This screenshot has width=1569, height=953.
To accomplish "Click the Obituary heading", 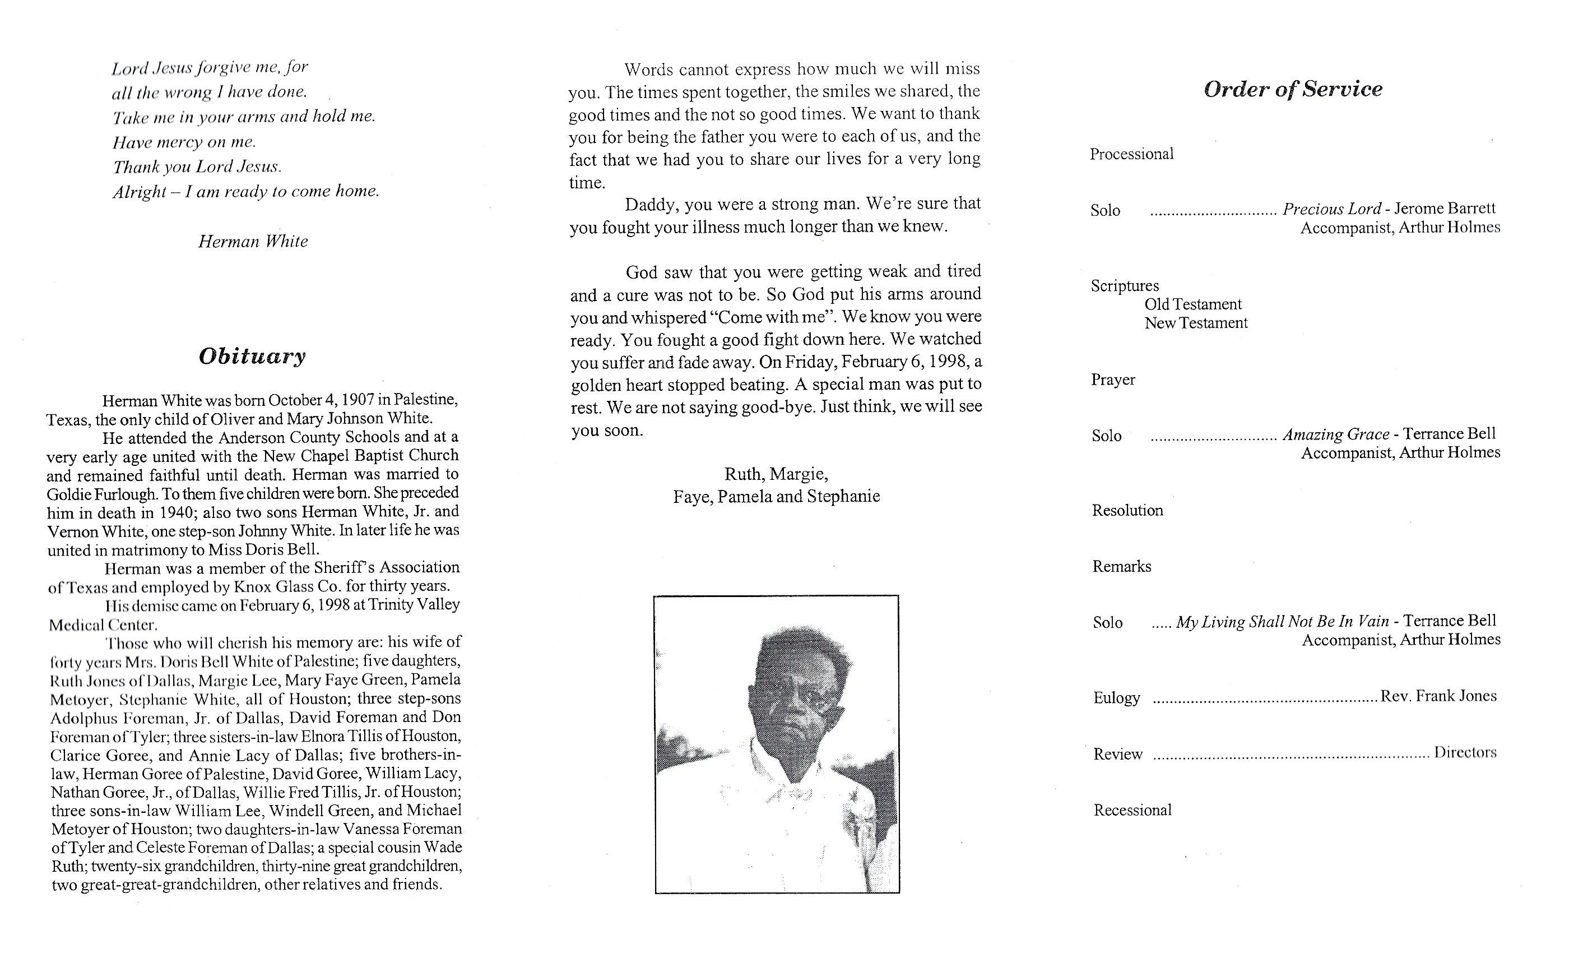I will (252, 356).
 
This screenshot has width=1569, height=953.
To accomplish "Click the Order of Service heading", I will (1293, 89).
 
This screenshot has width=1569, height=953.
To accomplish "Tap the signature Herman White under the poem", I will (253, 242).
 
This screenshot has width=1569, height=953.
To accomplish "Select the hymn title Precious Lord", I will (1331, 209).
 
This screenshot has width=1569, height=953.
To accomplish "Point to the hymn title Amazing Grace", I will (1335, 434).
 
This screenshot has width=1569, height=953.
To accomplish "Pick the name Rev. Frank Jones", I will (1438, 696).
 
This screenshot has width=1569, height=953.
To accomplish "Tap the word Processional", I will (1131, 154).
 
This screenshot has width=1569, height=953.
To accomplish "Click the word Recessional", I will (1132, 810).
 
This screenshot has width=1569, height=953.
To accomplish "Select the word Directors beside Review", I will (1465, 752).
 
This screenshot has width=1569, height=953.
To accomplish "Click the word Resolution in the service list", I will (1127, 510).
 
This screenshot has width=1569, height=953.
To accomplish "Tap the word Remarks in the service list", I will (1121, 566).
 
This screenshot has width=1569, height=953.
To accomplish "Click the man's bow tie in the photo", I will (792, 794).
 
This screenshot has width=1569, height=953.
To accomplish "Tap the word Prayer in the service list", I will (1112, 380).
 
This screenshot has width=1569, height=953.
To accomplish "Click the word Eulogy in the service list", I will (1116, 698).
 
